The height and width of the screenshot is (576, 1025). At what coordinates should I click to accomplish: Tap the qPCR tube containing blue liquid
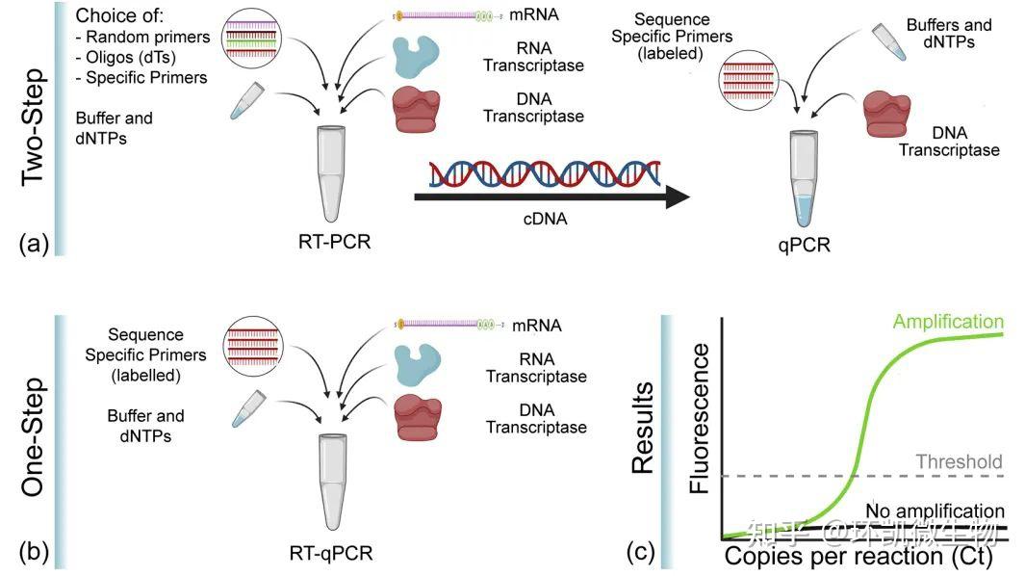806,178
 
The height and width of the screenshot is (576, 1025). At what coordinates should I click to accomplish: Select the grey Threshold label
957,461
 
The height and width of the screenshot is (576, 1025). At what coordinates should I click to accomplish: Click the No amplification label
935,511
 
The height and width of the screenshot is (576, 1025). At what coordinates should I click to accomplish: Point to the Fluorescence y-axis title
699,417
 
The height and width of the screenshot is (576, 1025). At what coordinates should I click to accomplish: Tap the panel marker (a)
32,243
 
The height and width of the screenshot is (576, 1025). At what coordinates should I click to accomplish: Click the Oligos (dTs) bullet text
127,56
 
